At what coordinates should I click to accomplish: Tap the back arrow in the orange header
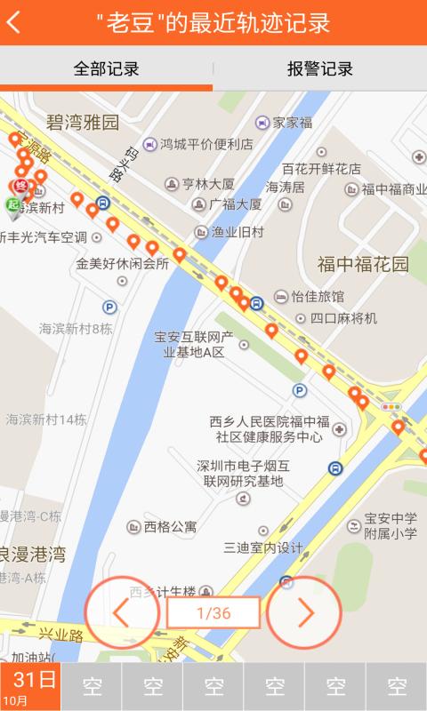pyautogui.click(x=14, y=23)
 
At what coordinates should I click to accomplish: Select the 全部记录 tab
pyautogui.click(x=106, y=69)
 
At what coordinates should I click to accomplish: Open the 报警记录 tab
pyautogui.click(x=319, y=69)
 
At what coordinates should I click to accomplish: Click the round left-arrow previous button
pyautogui.click(x=122, y=612)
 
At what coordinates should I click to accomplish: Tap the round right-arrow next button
pyautogui.click(x=304, y=612)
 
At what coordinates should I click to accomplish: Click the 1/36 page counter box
pyautogui.click(x=213, y=612)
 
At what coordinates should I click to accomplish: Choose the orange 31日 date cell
pyautogui.click(x=30, y=687)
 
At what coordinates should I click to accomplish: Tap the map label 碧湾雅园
pyautogui.click(x=83, y=123)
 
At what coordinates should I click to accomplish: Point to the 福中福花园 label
pyautogui.click(x=363, y=264)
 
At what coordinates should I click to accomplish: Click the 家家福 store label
pyautogui.click(x=292, y=123)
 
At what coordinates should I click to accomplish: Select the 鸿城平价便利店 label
pyautogui.click(x=206, y=143)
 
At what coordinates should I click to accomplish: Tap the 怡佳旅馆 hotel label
pyautogui.click(x=317, y=296)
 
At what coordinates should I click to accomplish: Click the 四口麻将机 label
pyautogui.click(x=342, y=317)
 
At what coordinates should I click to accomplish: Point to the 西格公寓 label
pyautogui.click(x=170, y=526)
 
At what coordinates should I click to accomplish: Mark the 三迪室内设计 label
pyautogui.click(x=263, y=547)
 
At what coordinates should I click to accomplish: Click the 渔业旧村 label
pyautogui.click(x=237, y=232)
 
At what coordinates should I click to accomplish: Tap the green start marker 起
pyautogui.click(x=13, y=205)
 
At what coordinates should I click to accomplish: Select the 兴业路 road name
pyautogui.click(x=60, y=636)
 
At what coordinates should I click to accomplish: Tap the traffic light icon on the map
pyautogui.click(x=391, y=406)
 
